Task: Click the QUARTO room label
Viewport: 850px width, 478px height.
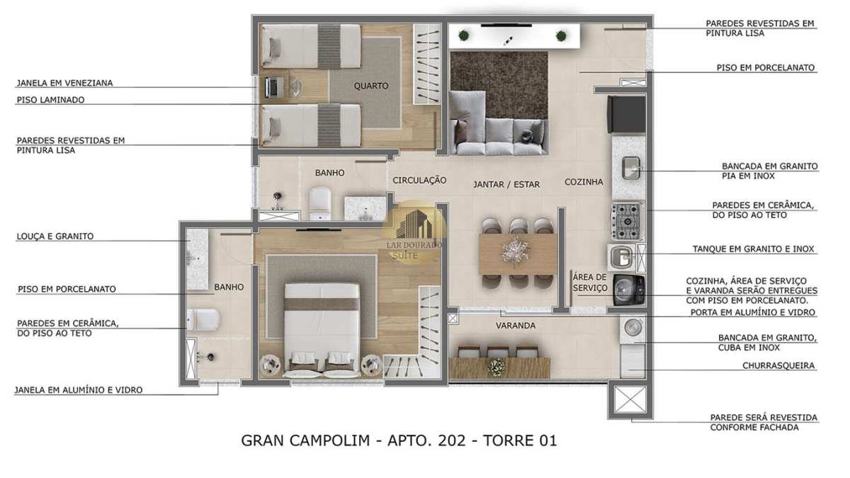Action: pyautogui.click(x=371, y=86)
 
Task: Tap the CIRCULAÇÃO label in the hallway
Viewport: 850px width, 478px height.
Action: pyautogui.click(x=419, y=181)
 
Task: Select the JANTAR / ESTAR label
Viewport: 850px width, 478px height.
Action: pyautogui.click(x=506, y=185)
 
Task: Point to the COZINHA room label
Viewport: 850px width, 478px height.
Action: pyautogui.click(x=584, y=182)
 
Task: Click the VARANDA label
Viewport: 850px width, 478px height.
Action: pyautogui.click(x=516, y=326)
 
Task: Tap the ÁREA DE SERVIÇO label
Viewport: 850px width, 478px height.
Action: pyautogui.click(x=590, y=283)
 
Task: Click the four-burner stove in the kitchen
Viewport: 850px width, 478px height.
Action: pyautogui.click(x=626, y=222)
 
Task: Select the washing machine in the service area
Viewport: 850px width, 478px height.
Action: pyautogui.click(x=629, y=290)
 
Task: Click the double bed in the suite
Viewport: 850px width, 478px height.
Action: pyautogui.click(x=322, y=328)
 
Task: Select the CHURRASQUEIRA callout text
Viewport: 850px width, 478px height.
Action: pyautogui.click(x=778, y=365)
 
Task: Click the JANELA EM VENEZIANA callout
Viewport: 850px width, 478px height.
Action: pyautogui.click(x=64, y=83)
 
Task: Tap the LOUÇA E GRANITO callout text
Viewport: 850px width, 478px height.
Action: pyautogui.click(x=55, y=237)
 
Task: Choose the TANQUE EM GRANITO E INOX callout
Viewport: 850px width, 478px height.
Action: pyautogui.click(x=753, y=249)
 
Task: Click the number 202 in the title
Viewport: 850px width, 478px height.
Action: pyautogui.click(x=452, y=440)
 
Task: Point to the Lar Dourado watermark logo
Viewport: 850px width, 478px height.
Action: pyautogui.click(x=414, y=232)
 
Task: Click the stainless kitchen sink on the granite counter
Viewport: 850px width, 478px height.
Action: pyautogui.click(x=631, y=168)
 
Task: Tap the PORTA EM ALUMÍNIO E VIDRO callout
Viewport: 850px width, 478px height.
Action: pyautogui.click(x=753, y=312)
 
